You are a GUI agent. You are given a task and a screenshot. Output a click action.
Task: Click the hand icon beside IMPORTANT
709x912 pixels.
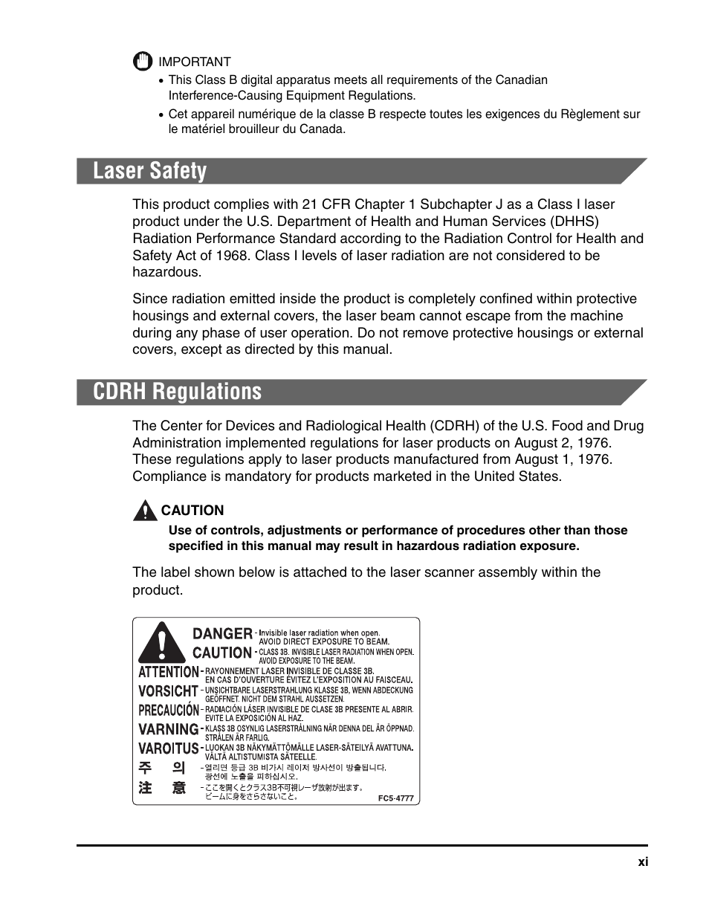coord(143,62)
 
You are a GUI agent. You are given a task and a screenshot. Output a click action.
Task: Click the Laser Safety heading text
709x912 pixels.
coord(150,171)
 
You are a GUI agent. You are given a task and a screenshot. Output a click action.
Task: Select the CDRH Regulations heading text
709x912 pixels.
coord(178,392)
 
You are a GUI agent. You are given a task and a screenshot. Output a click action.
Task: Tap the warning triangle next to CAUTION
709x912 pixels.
coord(145,511)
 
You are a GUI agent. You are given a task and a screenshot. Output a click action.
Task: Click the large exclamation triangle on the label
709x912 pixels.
coord(162,643)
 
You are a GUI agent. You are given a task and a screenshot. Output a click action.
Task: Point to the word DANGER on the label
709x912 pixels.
coord(222,634)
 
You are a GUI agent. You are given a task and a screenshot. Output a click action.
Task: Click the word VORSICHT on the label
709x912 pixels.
coord(169,691)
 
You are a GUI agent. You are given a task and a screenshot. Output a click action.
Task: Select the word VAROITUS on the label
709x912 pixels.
coord(169,748)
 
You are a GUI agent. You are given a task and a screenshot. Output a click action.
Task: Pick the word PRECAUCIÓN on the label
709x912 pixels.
coord(169,710)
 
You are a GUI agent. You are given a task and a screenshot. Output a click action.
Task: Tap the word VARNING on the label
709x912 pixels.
coord(169,729)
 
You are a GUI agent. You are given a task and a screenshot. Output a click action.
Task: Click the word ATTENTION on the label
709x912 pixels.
coord(169,671)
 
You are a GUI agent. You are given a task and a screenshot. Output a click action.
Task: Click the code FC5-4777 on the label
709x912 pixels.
coord(395,798)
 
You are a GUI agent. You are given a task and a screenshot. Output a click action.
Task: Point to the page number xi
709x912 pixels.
coord(643,862)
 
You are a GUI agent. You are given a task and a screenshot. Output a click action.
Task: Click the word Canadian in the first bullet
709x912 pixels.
coord(521,80)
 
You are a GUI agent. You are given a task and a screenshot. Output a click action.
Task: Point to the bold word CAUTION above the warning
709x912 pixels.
coord(192,511)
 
